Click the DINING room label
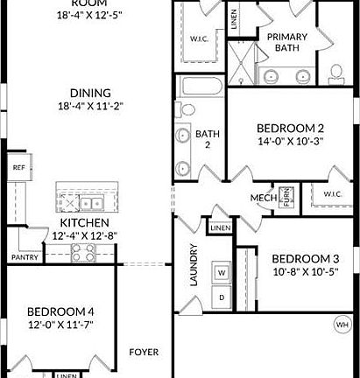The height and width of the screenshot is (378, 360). pyautogui.click(x=91, y=93)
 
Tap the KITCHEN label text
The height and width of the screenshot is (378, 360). pyautogui.click(x=83, y=224)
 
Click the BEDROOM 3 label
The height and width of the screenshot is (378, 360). pyautogui.click(x=305, y=259)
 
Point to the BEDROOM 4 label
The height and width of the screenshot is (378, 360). pyautogui.click(x=60, y=311)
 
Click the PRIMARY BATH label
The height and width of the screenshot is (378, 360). pyautogui.click(x=287, y=42)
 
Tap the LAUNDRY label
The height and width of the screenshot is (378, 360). pyautogui.click(x=194, y=266)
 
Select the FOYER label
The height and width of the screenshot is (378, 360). pyautogui.click(x=145, y=353)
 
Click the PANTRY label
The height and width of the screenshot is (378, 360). pyautogui.click(x=24, y=258)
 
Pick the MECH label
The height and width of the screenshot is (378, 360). pyautogui.click(x=264, y=197)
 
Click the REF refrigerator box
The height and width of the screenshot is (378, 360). pyautogui.click(x=18, y=167)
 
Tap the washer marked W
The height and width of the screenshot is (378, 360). pyautogui.click(x=222, y=272)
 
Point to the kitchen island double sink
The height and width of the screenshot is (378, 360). pyautogui.click(x=90, y=203)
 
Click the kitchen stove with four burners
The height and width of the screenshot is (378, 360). pyautogui.click(x=81, y=253)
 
